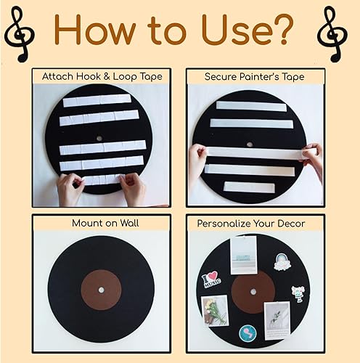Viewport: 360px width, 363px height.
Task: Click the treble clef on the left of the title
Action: (20, 30)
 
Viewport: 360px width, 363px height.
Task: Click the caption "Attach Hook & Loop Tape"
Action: (101, 76)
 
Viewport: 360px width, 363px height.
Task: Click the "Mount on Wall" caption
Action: (101, 224)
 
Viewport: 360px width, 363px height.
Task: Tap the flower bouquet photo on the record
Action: (215, 310)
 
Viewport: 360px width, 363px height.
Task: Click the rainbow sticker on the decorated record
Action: (282, 261)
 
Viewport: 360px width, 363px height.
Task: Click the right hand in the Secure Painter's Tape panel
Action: (312, 161)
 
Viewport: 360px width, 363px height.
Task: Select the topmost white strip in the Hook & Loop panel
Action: (97, 101)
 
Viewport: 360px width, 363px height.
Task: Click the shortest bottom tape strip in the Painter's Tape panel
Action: (244, 186)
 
